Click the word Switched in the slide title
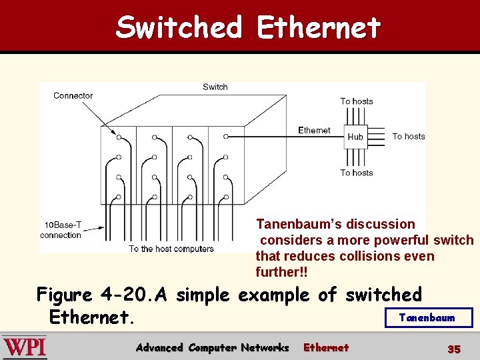[x=179, y=27]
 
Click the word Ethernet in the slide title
[x=318, y=27]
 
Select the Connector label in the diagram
[x=73, y=95]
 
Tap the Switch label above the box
[x=215, y=87]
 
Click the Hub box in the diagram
[x=355, y=136]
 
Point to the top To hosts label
[x=356, y=101]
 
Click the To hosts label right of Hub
[x=408, y=136]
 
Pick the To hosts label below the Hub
[x=356, y=173]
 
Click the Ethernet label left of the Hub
[x=314, y=130]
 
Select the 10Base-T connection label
[x=61, y=230]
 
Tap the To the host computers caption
[x=171, y=249]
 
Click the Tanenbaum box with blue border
[x=428, y=317]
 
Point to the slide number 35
[x=454, y=349]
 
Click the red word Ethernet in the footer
[x=326, y=347]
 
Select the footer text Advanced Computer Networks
[x=212, y=347]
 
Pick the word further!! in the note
[x=281, y=272]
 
